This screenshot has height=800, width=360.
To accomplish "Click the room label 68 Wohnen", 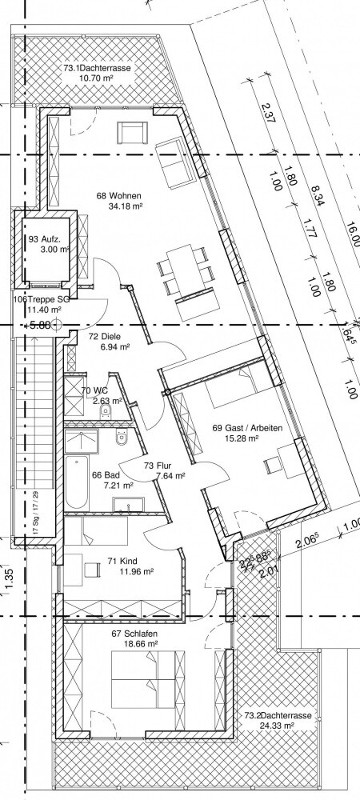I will click(x=114, y=194).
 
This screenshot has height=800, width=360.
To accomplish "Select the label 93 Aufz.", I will click(x=45, y=238).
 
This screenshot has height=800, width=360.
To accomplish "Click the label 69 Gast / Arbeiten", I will click(x=247, y=428).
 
